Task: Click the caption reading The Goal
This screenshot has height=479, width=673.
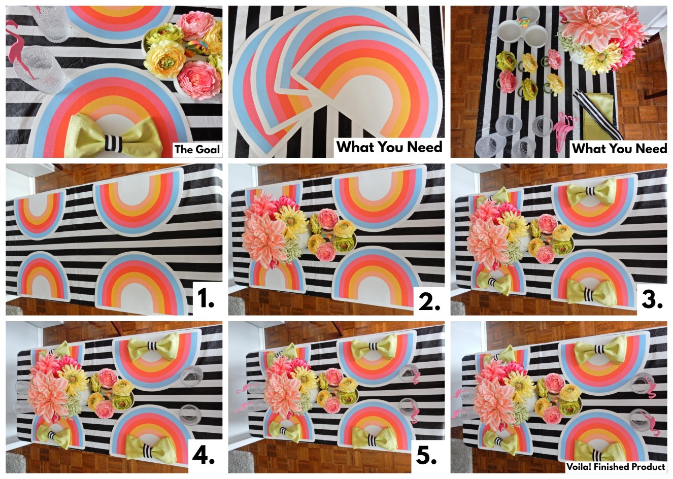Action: pos(197,149)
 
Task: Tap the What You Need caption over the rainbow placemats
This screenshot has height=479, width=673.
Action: pos(389,147)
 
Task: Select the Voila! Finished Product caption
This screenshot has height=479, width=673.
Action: pos(616,466)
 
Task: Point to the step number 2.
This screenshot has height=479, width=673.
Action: pos(429,300)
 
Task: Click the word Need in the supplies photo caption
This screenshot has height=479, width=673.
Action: pos(649,148)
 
